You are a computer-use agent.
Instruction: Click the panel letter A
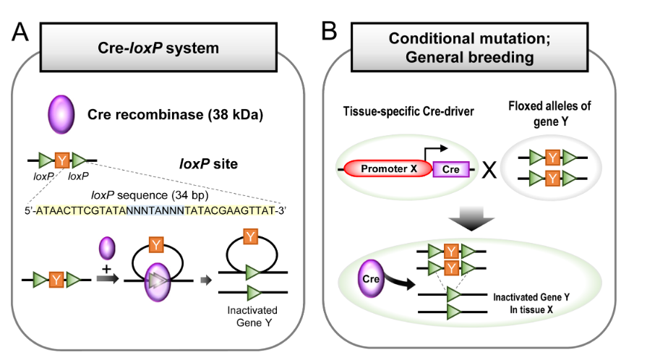20,33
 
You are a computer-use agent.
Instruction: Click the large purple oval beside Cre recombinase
62,115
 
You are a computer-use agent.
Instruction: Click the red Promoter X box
390,170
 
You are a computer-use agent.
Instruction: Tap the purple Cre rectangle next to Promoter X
451,169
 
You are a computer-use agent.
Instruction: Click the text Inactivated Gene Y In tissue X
531,303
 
